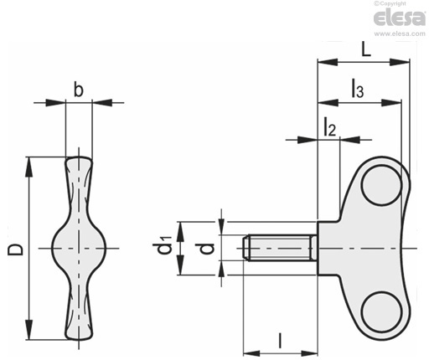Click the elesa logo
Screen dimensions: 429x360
coord(400,18)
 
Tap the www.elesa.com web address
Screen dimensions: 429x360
coord(400,33)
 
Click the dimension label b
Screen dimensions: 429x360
coord(79,90)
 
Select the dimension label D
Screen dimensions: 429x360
coord(15,249)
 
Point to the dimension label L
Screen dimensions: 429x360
coord(366,50)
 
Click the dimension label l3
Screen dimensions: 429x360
coord(357,88)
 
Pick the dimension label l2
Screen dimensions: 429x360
coord(329,127)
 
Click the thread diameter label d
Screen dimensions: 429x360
coord(207,249)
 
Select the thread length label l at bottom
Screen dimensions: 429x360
coord(280,341)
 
